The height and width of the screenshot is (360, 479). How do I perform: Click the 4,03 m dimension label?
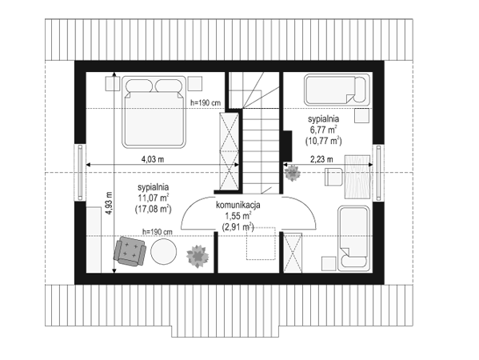[153, 159]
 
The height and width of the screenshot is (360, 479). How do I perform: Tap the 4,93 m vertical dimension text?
[109, 202]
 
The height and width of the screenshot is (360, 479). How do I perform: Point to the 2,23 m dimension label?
[321, 159]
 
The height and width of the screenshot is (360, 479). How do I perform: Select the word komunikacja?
[238, 205]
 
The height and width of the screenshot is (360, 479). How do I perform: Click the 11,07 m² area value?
[154, 198]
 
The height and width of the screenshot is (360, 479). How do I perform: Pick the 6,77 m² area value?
[324, 130]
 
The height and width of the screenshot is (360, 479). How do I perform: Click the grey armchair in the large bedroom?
[130, 251]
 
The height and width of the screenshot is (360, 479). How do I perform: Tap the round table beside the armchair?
[164, 251]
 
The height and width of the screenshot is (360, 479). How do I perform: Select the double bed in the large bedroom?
[154, 112]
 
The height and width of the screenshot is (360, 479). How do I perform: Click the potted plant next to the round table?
[198, 256]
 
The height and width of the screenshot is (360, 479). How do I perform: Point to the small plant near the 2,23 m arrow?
[293, 173]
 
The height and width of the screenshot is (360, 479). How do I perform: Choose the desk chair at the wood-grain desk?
[333, 177]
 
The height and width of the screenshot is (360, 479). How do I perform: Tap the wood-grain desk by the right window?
[357, 178]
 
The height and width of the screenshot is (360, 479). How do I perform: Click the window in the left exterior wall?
[80, 173]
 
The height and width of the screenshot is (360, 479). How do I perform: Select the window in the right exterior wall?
[378, 173]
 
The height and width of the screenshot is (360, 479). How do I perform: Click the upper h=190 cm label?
[206, 102]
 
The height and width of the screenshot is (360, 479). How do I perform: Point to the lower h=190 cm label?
[158, 232]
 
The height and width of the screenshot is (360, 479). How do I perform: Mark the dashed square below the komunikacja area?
[261, 243]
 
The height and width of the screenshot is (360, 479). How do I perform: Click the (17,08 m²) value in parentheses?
[153, 209]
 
